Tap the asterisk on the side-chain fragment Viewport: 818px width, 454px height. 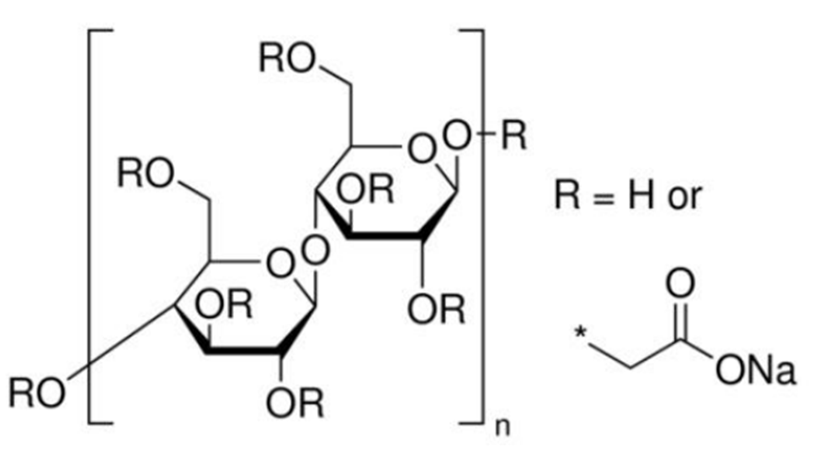(581, 333)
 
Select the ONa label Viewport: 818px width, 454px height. (755, 370)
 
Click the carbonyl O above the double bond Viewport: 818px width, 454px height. (680, 283)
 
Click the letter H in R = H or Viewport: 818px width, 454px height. (641, 195)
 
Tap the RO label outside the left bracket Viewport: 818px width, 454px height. (37, 393)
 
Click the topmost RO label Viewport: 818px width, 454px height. (287, 58)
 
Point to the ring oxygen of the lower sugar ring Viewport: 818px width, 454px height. (280, 264)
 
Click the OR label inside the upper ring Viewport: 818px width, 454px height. (365, 190)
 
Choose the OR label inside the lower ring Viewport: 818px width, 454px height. (224, 305)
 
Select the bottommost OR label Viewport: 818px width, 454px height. (294, 403)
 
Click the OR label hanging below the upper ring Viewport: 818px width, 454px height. (436, 309)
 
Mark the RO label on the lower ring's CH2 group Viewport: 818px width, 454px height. (145, 173)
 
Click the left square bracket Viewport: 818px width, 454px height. (90, 226)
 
